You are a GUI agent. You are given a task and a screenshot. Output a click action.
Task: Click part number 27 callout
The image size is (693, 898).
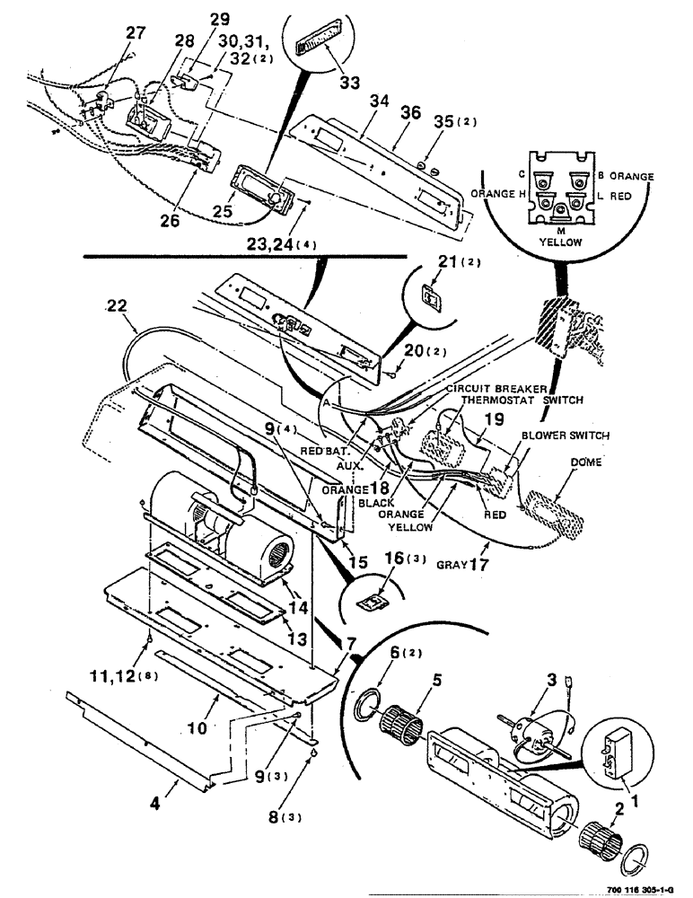(136, 32)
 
